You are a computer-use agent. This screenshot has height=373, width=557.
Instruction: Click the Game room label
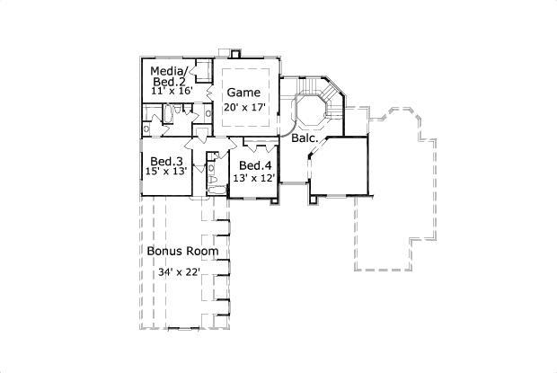point(243,93)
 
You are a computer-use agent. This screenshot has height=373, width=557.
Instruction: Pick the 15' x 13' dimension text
point(166,172)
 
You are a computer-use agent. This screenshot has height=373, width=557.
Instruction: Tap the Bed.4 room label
point(255,166)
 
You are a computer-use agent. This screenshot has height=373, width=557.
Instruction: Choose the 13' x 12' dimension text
point(255,178)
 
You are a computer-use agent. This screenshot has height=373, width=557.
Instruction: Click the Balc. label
point(302,139)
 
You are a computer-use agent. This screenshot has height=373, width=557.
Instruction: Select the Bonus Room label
point(182,251)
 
